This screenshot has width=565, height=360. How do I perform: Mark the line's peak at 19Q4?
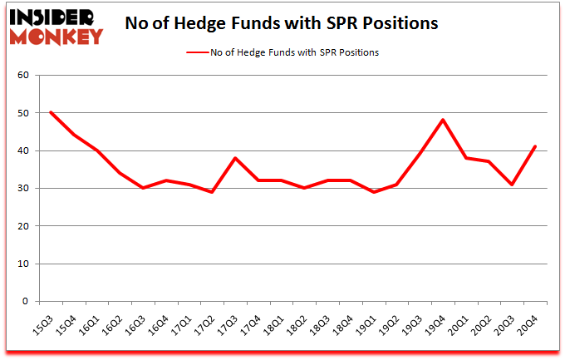point(443,120)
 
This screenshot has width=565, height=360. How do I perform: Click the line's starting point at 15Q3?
point(52,112)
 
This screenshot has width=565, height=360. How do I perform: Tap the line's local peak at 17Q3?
point(236,158)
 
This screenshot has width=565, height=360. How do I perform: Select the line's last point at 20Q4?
point(535,146)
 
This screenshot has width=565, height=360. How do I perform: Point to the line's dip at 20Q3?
point(512,185)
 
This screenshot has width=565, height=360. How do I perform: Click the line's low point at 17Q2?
point(213,192)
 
